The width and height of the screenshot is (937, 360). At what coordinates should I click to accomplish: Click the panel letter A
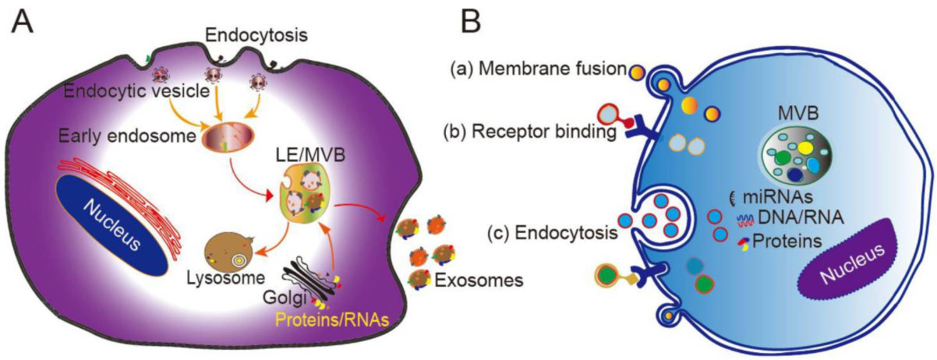tap(22, 22)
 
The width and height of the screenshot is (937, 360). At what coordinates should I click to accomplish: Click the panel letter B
tap(471, 22)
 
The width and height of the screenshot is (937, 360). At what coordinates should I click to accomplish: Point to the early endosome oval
tap(228, 136)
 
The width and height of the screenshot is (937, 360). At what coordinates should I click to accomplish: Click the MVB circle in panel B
tap(796, 157)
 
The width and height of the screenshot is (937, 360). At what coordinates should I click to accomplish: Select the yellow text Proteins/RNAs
tap(332, 319)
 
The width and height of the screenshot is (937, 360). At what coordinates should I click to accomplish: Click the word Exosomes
tap(479, 281)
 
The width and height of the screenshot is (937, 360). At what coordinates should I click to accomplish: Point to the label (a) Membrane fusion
tap(539, 69)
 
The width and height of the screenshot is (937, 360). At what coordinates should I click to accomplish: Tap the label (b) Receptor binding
tap(529, 132)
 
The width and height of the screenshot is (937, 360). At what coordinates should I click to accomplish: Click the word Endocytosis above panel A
tap(256, 36)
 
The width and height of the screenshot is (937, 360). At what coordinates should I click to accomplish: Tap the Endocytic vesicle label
tap(136, 90)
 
